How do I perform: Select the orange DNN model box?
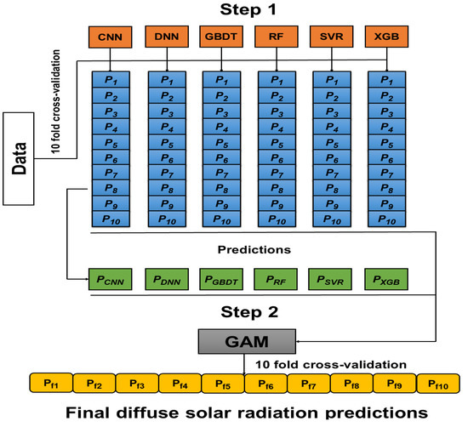pos(167,37)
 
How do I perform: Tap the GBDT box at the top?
pos(221,37)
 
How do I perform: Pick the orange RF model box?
pos(277,37)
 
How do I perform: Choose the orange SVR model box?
pos(333,37)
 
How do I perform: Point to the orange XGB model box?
pos(387,37)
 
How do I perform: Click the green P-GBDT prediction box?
pos(223,278)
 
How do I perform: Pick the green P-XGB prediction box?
pos(387,278)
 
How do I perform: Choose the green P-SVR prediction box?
pos(333,278)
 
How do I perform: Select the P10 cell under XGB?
pos(387,219)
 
